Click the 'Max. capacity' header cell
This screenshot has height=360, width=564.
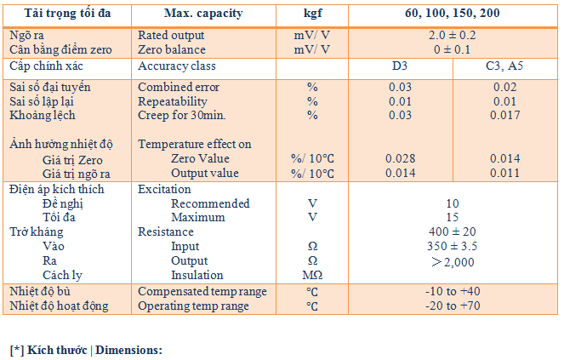coord(203,14)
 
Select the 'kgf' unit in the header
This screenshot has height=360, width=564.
coord(312,14)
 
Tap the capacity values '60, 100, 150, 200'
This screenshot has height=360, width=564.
coord(452,14)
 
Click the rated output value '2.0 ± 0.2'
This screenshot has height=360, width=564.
coord(452,35)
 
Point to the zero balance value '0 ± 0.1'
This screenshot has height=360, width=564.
coord(452,49)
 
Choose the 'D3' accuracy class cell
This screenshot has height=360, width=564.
coord(400,66)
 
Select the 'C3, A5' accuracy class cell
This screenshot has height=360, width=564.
coord(504,66)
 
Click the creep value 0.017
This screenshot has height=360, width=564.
coord(505,115)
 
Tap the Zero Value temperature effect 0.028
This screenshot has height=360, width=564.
coord(401,158)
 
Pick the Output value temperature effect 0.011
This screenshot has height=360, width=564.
coord(505,173)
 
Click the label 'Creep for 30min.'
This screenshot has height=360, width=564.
coord(182,115)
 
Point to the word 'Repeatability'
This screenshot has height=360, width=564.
coord(173,101)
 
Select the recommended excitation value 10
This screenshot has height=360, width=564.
coord(453,203)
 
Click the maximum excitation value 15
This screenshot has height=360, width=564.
coord(453,217)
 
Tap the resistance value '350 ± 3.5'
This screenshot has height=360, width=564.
coord(452,246)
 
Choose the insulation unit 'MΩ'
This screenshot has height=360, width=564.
coord(312,276)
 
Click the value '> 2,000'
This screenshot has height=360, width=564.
coord(453,262)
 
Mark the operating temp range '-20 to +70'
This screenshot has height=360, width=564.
coord(453,306)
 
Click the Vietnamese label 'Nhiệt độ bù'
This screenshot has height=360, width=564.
coord(40,291)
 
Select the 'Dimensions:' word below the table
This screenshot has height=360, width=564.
coord(128,351)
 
